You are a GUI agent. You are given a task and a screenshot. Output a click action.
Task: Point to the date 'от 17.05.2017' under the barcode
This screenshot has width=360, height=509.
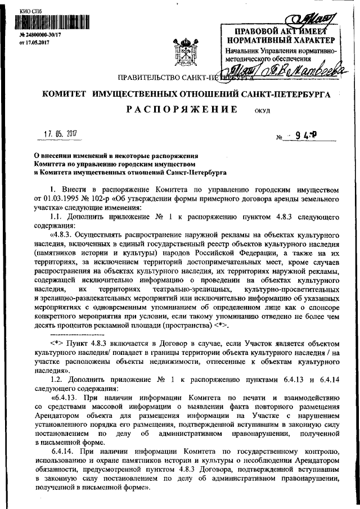(35, 42)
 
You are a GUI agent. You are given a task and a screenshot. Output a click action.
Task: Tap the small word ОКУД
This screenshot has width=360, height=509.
(262, 111)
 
